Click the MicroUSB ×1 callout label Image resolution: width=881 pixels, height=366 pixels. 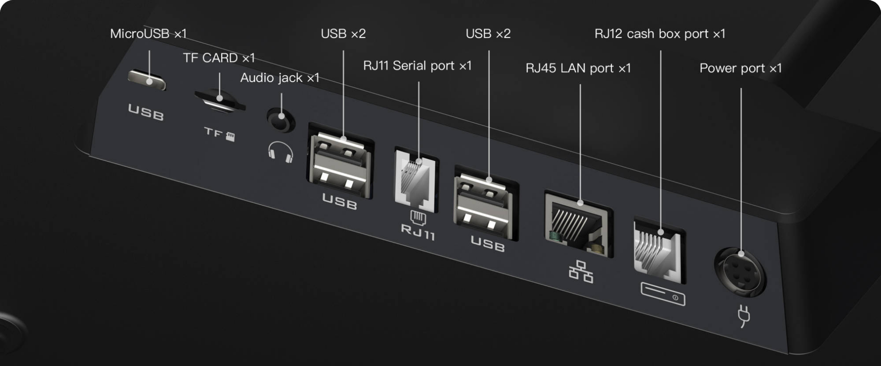coord(148,34)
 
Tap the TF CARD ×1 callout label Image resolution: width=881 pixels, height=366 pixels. coord(219,58)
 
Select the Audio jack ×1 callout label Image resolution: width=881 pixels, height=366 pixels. coord(280,78)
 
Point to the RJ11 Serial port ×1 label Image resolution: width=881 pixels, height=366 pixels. coord(417,66)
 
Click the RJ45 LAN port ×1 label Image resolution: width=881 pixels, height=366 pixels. coord(578,68)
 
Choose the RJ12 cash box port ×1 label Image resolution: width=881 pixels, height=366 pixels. coord(660,34)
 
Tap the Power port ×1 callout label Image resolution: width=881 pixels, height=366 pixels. coord(740,68)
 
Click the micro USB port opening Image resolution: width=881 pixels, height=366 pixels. coord(147,80)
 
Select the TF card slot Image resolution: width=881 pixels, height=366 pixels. coord(220,101)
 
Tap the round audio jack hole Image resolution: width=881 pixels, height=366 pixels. coord(281,120)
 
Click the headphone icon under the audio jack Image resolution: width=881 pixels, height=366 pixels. coord(281,152)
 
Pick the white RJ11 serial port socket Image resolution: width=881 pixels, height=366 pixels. coord(416,180)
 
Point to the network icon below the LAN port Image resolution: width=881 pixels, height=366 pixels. coord(581,271)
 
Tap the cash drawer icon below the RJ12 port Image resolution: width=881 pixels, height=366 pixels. coord(663,294)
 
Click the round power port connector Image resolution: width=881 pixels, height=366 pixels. coord(740,272)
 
